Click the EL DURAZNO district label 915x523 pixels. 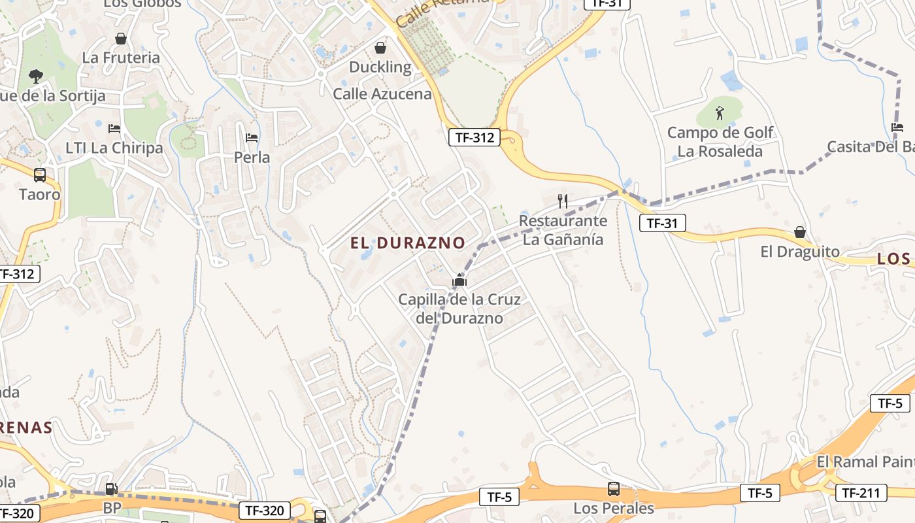coord(408,243)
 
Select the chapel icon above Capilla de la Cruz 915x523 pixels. coord(459,281)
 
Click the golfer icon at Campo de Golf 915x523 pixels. coord(720,113)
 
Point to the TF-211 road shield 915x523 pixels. coord(861,493)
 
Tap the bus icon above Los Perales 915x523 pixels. coord(614,488)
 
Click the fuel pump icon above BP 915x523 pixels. coord(112,488)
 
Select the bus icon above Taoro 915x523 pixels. coord(40,175)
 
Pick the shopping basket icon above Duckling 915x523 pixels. coord(380,48)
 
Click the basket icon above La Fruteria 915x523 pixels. coord(120,39)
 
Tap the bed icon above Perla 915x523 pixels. coord(252,138)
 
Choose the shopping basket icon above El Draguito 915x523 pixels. coord(800,233)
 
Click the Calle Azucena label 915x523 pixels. coord(382,94)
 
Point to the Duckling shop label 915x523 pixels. coord(380,67)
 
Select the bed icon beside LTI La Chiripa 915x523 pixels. coord(114,128)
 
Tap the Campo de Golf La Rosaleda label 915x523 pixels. coord(720,142)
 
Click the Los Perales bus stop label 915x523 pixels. coord(614,508)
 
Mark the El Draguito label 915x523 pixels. coord(800,252)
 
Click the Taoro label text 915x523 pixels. coord(40,194)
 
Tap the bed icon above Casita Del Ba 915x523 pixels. coord(897,127)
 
